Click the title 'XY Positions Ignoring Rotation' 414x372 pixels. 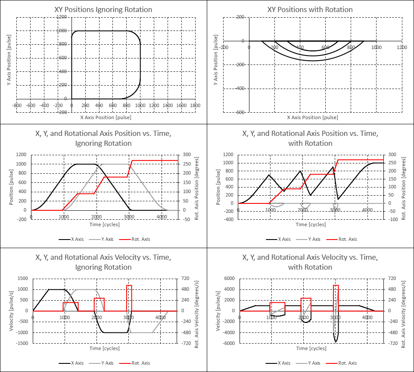103,9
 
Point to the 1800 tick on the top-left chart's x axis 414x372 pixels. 195,105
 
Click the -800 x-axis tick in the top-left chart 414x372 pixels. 17,105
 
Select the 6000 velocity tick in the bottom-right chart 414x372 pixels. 230,278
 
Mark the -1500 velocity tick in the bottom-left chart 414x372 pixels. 23,343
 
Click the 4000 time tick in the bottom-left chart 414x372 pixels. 161,318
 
